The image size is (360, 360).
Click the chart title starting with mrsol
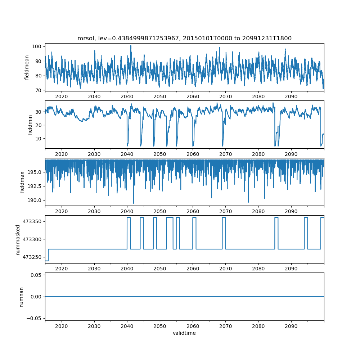click(184, 38)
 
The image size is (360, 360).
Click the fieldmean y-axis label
click(27, 67)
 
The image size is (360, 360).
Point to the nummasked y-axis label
click(18, 240)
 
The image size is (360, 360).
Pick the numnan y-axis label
click(21, 297)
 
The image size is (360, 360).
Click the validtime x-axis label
click(184, 333)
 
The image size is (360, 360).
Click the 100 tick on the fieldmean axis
click(37, 46)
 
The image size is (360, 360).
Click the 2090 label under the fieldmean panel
click(291, 96)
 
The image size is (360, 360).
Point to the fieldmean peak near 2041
click(131, 45)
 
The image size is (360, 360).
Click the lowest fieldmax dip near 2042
click(133, 203)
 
